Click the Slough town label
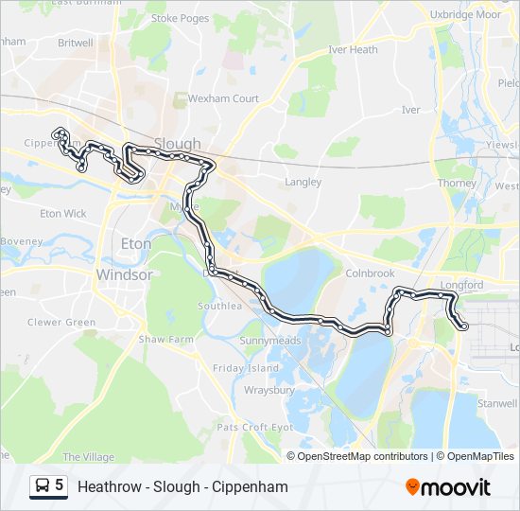click(177, 144)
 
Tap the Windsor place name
click(124, 274)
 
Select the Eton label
click(136, 243)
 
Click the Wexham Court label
click(223, 98)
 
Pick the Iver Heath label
click(353, 50)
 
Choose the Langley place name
click(303, 182)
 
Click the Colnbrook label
click(370, 273)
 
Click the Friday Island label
click(246, 368)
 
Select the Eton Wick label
click(63, 214)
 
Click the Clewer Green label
click(62, 322)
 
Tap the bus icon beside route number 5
click(43, 486)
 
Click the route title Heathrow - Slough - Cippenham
click(182, 487)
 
